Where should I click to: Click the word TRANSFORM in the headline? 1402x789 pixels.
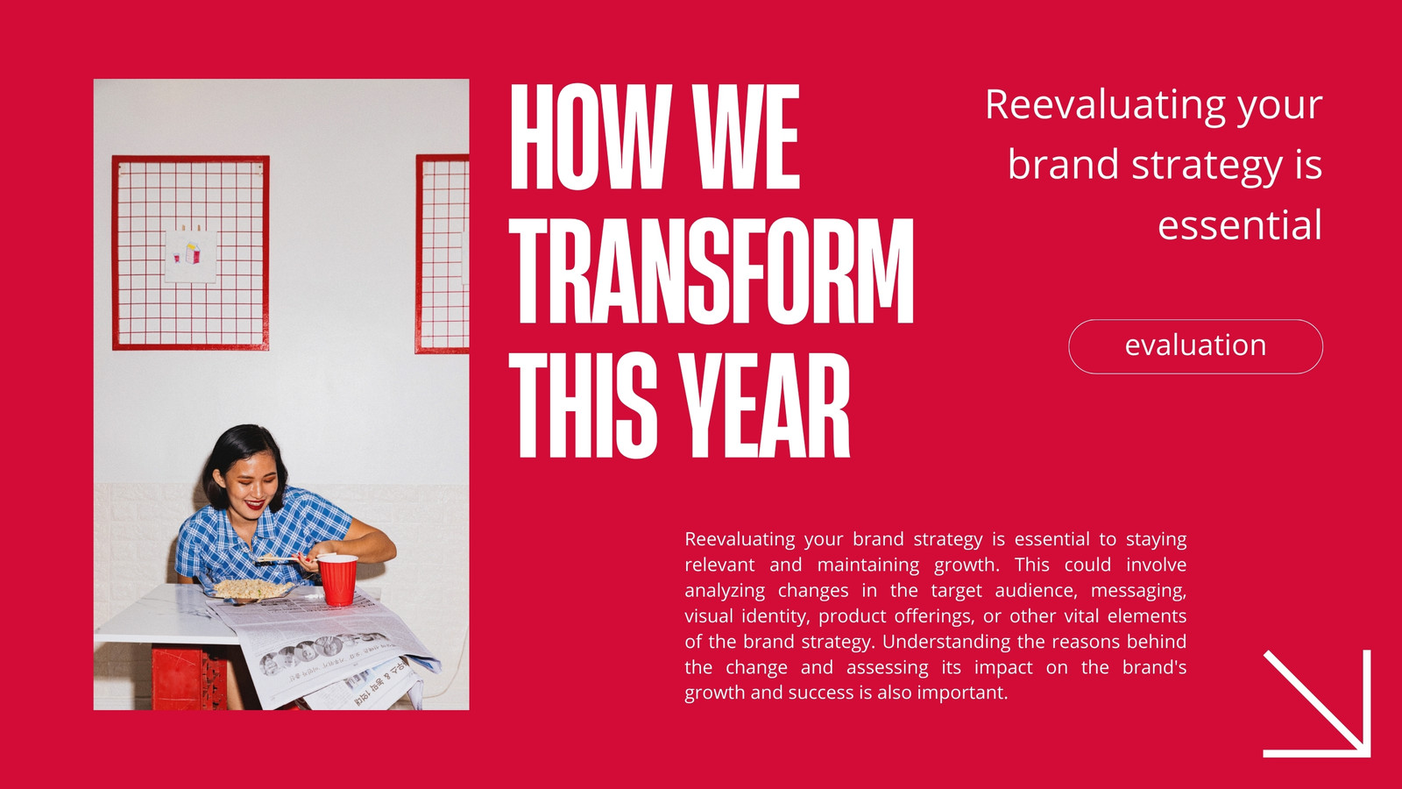(x=712, y=271)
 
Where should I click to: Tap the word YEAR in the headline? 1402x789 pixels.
(x=765, y=406)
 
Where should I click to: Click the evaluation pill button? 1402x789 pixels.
(x=1195, y=346)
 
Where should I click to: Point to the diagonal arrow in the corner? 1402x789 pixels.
(x=1317, y=703)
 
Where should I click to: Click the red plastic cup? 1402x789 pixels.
(x=337, y=579)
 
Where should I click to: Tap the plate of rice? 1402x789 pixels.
(x=251, y=589)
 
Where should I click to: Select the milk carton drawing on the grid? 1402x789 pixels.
(x=193, y=253)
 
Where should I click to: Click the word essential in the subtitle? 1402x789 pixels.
(x=1239, y=224)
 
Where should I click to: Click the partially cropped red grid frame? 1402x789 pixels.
(x=443, y=253)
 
